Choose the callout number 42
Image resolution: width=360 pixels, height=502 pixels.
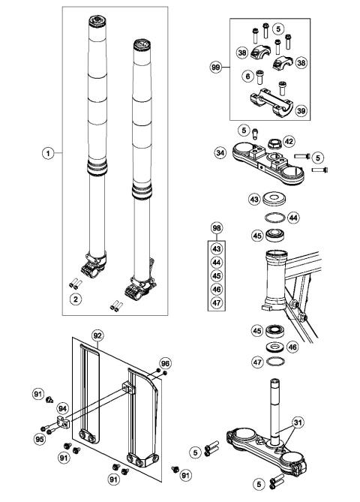tap(310, 140)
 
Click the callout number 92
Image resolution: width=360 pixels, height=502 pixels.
tap(96, 334)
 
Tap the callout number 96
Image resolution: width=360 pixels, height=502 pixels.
tap(165, 362)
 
